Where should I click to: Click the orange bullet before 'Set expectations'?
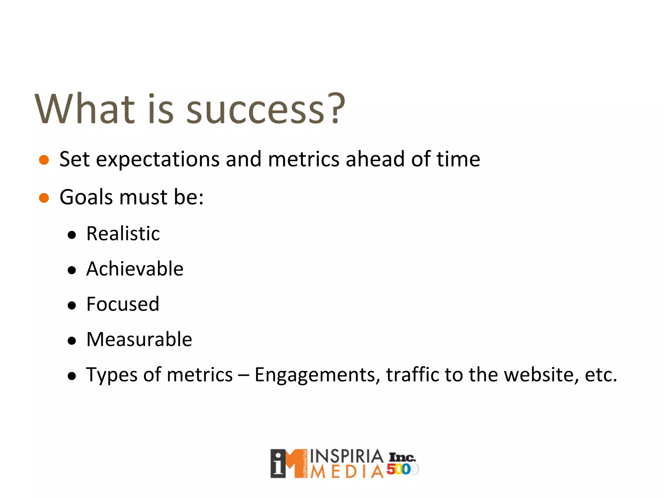point(44,160)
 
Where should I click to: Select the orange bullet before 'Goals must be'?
point(44,197)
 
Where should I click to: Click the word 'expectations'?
point(158,160)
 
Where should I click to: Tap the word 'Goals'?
point(86,197)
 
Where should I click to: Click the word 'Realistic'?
point(123,233)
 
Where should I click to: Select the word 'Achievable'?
point(135,269)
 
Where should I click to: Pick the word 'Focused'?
point(123,304)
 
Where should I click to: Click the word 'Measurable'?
point(139,339)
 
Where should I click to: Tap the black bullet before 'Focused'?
point(72,305)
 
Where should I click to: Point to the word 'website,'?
point(541,375)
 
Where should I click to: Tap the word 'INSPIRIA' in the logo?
point(347,456)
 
